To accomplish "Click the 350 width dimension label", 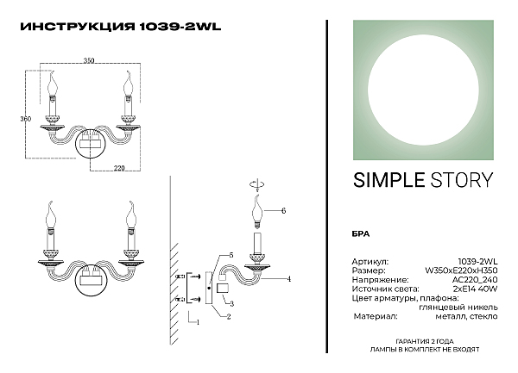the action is (89, 60).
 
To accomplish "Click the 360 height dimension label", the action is (25, 119).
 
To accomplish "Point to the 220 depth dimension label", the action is (119, 168).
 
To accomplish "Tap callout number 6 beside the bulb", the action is (283, 211).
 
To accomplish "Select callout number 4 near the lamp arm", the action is (289, 279).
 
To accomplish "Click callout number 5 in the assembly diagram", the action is (231, 255).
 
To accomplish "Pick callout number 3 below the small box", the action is (231, 304).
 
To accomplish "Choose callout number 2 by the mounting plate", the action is (229, 317).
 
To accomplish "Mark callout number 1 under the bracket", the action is (198, 322).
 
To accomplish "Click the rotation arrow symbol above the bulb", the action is (257, 184).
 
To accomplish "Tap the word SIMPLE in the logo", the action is (388, 180).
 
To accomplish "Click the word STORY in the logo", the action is (462, 180).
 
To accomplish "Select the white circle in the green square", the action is (423, 90).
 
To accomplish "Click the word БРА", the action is (360, 234).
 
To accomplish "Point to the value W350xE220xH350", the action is (461, 270).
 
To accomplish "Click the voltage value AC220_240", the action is (475, 280).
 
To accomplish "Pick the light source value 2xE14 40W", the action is (477, 289).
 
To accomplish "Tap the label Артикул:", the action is (370, 262).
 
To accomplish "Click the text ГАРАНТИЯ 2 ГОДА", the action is (425, 342).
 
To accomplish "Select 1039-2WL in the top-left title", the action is (180, 27).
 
